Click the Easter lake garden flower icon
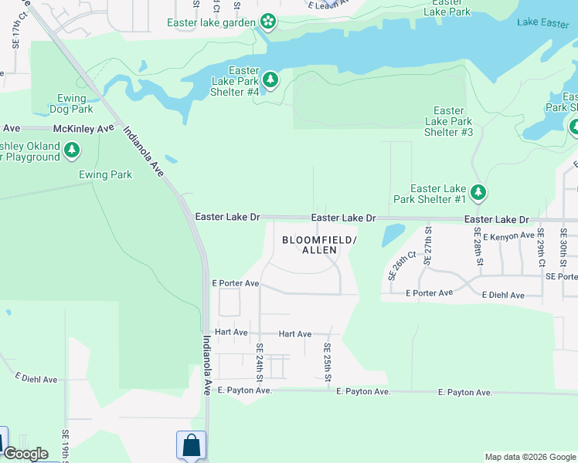(268, 22)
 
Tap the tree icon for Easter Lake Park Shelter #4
(270, 79)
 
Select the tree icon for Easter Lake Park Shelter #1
(479, 192)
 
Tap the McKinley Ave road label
(83, 128)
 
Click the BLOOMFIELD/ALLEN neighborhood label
(319, 245)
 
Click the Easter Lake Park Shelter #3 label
(448, 122)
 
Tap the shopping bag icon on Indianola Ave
(191, 445)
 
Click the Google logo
(25, 454)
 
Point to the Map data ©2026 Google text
(529, 457)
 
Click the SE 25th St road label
(328, 362)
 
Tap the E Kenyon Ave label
(508, 235)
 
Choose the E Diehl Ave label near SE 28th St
(503, 295)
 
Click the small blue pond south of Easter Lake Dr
(393, 234)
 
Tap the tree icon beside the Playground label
(72, 150)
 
